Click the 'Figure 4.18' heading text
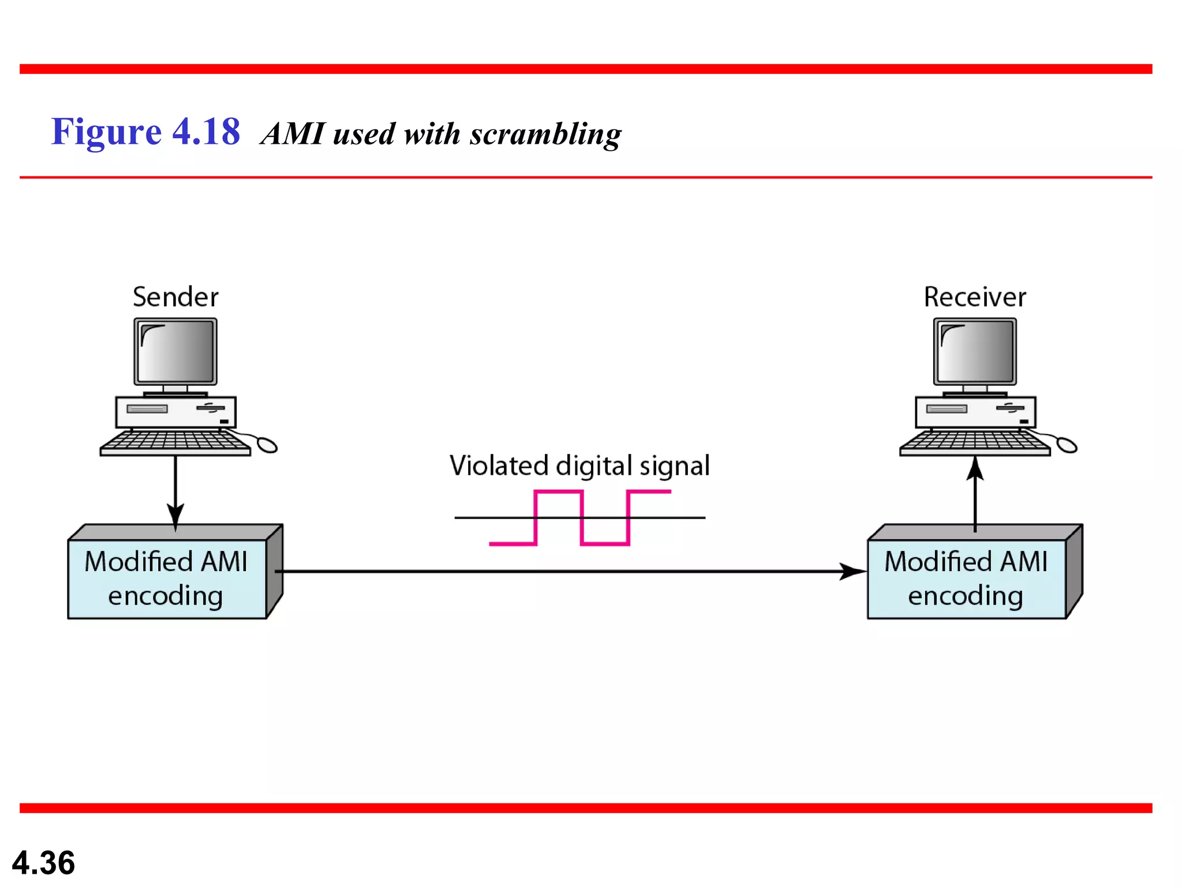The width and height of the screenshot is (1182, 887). (145, 132)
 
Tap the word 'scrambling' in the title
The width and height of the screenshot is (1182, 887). (545, 134)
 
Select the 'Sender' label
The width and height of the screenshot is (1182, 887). (175, 297)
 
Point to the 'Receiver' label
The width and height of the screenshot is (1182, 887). (975, 297)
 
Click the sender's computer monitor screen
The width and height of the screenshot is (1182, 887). (175, 351)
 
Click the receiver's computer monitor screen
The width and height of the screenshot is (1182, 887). (975, 351)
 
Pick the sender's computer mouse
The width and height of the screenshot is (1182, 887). (267, 445)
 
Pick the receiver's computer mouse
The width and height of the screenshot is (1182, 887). (1067, 445)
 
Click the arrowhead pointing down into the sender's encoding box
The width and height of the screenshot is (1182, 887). (175, 514)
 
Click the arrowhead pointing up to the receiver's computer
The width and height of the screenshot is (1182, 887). (975, 468)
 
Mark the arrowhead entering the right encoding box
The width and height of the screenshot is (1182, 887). (852, 571)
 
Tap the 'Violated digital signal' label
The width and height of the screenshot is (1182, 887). (579, 465)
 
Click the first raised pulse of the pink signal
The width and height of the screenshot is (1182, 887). (558, 493)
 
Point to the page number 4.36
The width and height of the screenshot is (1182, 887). (43, 863)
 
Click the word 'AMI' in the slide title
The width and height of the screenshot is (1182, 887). (294, 134)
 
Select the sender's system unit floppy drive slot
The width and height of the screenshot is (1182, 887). (147, 409)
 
